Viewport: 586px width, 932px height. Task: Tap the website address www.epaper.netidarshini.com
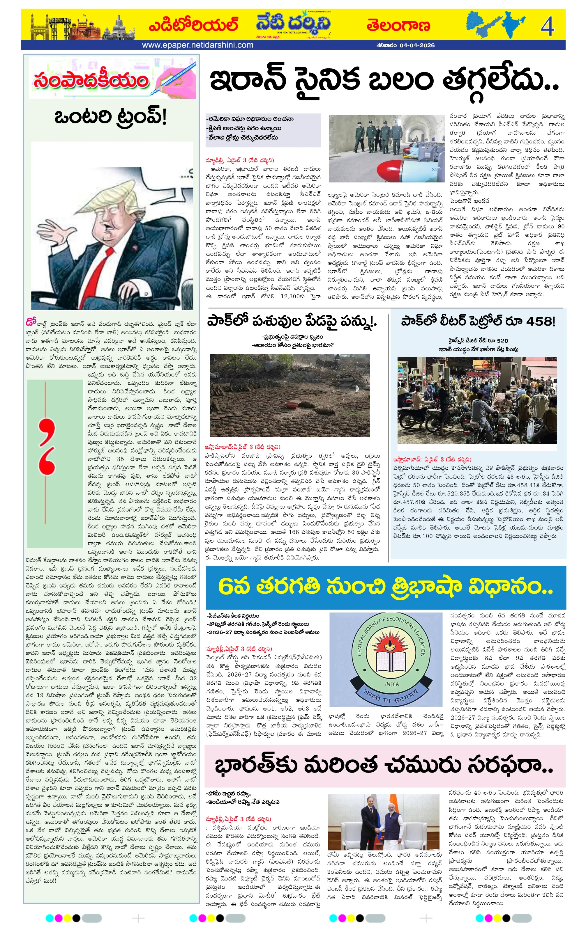point(197,45)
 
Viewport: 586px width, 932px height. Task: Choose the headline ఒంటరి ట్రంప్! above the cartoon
point(110,116)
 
